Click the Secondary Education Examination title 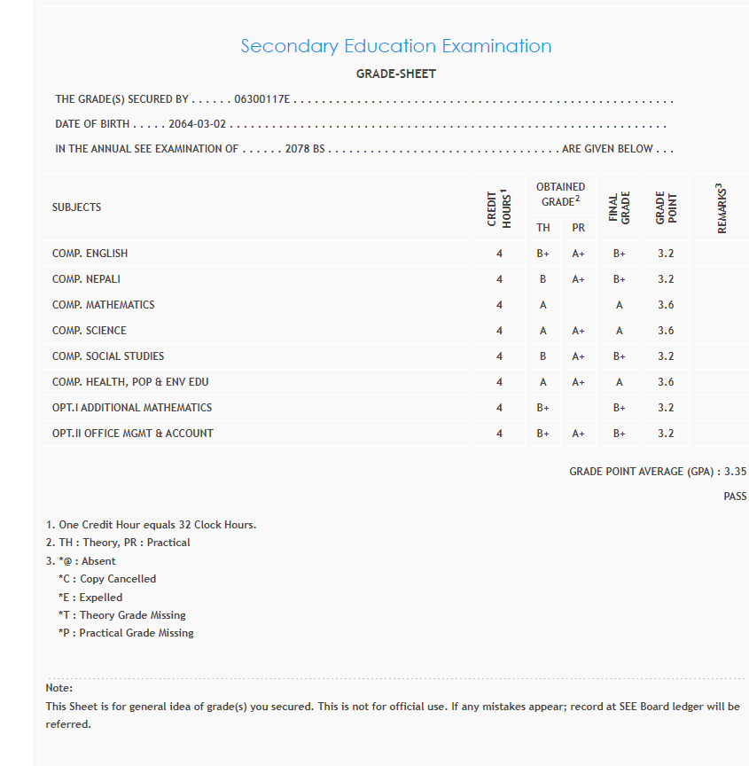coord(395,46)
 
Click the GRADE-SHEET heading coord(395,74)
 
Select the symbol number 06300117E coord(262,100)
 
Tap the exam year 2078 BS coord(305,149)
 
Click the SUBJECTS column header coord(77,207)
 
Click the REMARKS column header coord(721,208)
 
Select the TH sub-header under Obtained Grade coord(543,228)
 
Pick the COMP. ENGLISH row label coord(90,254)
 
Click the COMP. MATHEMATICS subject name coord(103,305)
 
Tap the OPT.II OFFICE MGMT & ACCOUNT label coord(133,434)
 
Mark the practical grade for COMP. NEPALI coord(578,279)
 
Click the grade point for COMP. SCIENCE coord(666,331)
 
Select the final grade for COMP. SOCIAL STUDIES coord(620,356)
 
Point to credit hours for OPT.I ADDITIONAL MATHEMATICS coord(499,408)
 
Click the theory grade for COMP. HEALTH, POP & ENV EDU coord(543,382)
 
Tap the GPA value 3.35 coord(735,472)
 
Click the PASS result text coord(735,496)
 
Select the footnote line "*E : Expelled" coord(90,598)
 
